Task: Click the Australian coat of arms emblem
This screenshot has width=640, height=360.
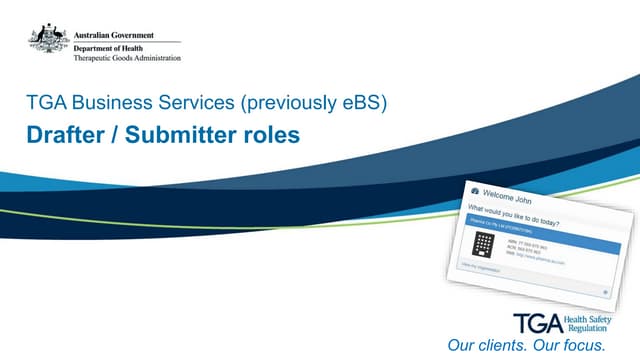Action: (47, 39)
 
